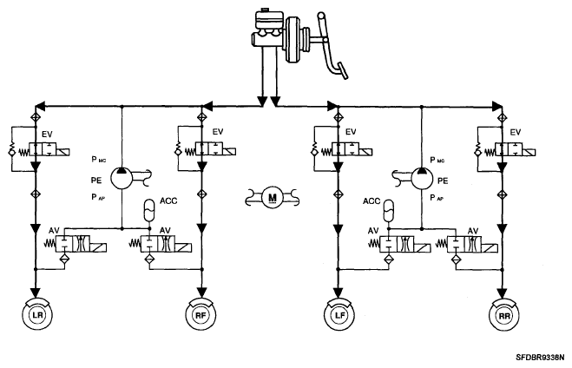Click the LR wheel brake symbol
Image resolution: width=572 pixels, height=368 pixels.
click(36, 314)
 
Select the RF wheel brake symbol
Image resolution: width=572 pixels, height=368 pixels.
click(201, 314)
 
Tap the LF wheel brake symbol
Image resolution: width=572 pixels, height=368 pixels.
click(339, 314)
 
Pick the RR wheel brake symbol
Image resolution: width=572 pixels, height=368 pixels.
click(504, 315)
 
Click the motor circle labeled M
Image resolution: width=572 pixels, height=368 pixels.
click(273, 198)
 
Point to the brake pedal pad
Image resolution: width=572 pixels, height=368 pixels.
click(343, 71)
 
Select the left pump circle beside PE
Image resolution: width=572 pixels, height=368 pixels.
click(122, 178)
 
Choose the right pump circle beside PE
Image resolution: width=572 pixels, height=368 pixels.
click(423, 178)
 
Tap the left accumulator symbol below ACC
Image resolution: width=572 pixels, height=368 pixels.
click(149, 210)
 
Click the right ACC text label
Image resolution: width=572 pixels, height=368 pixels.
click(371, 201)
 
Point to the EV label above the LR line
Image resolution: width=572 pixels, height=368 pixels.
click(47, 135)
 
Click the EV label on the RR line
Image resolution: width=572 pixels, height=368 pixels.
click(515, 132)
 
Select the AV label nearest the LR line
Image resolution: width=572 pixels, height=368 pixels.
click(54, 231)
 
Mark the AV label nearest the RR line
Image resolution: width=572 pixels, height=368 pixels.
click(473, 231)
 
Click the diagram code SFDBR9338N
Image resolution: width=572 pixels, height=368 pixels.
click(540, 357)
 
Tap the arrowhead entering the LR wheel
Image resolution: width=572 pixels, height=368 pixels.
click(36, 292)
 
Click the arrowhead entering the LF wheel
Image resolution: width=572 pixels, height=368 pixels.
click(339, 292)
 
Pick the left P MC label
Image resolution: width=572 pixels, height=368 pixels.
click(98, 160)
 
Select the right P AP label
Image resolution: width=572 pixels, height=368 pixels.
click(437, 198)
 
